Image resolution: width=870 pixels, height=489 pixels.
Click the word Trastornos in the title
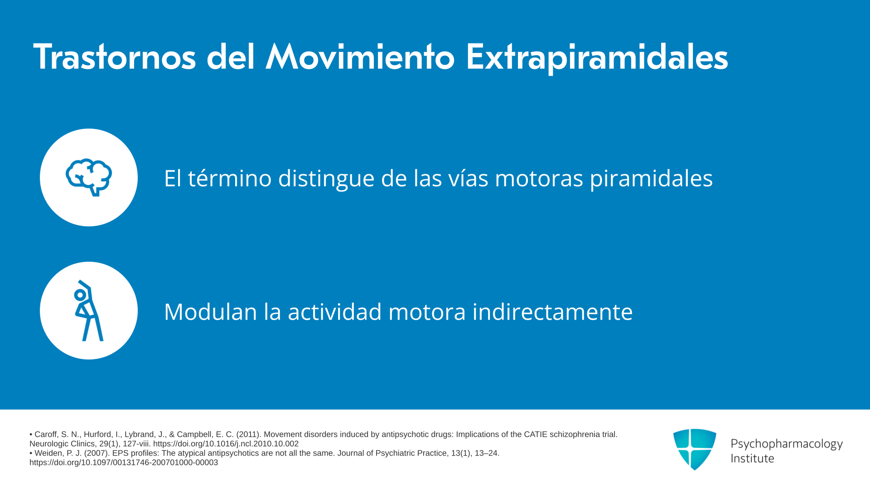click(115, 57)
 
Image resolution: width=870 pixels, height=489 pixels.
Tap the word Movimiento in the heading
click(360, 57)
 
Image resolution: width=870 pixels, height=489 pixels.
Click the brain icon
click(89, 177)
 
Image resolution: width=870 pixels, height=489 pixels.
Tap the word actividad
click(335, 312)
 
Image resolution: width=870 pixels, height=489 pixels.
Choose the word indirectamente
click(552, 312)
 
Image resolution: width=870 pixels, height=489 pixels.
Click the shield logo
click(695, 449)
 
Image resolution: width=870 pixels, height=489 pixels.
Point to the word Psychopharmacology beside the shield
click(787, 444)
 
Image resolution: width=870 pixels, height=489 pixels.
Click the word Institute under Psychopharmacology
click(752, 458)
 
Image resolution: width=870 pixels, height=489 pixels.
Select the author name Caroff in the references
click(47, 435)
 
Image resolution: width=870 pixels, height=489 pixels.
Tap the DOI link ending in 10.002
click(226, 444)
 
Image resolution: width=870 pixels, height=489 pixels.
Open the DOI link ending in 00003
click(124, 463)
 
